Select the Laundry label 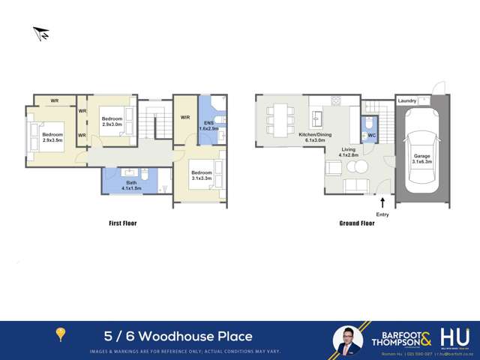(x=407, y=100)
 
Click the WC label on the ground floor (x=370, y=136)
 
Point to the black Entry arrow (x=383, y=202)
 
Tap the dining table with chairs (x=280, y=118)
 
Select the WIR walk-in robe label (x=184, y=117)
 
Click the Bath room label (x=131, y=183)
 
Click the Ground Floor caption (x=357, y=223)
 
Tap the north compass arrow (x=40, y=33)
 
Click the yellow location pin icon (x=60, y=335)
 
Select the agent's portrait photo (x=347, y=338)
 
